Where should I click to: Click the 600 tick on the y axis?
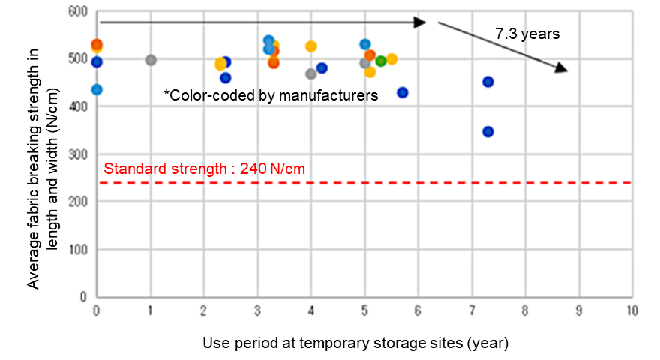pos(78,13)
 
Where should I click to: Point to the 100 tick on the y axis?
pos(78,250)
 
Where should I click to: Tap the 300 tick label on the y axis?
pos(78,155)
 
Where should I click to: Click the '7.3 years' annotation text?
pos(527,34)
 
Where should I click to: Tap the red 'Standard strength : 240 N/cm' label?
pos(204,169)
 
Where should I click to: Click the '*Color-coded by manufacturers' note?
pos(271,95)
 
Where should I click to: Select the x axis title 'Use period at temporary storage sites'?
pos(355,343)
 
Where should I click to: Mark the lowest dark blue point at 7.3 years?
pos(487,132)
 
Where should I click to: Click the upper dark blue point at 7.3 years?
pos(487,82)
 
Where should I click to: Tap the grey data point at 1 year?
pos(151,60)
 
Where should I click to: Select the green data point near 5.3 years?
pos(380,61)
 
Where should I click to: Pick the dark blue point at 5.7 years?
pos(402,92)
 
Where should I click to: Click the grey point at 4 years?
pos(310,73)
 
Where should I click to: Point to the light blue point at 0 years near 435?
pos(97,90)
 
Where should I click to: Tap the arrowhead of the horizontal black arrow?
pos(422,22)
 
